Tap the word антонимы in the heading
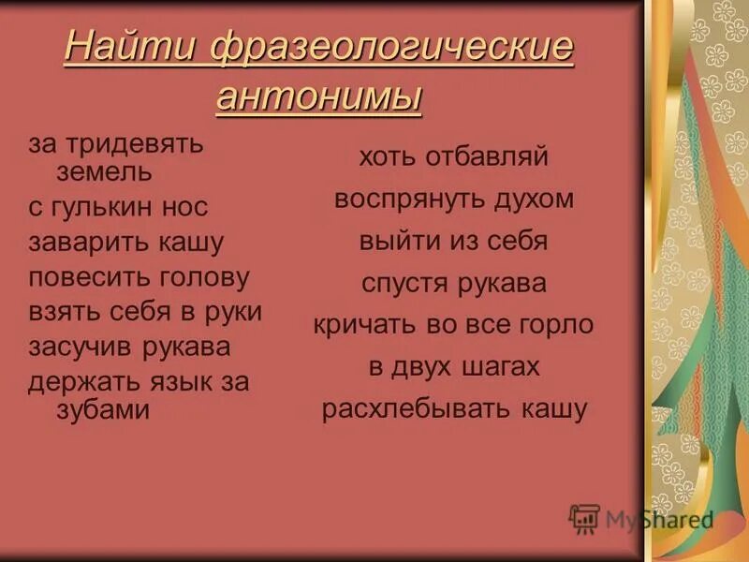(x=319, y=96)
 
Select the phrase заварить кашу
(x=126, y=243)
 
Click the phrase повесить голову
(x=140, y=277)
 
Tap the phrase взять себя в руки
(x=145, y=312)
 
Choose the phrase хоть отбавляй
(x=453, y=156)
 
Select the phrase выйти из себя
(x=453, y=241)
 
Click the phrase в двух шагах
(x=454, y=367)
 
